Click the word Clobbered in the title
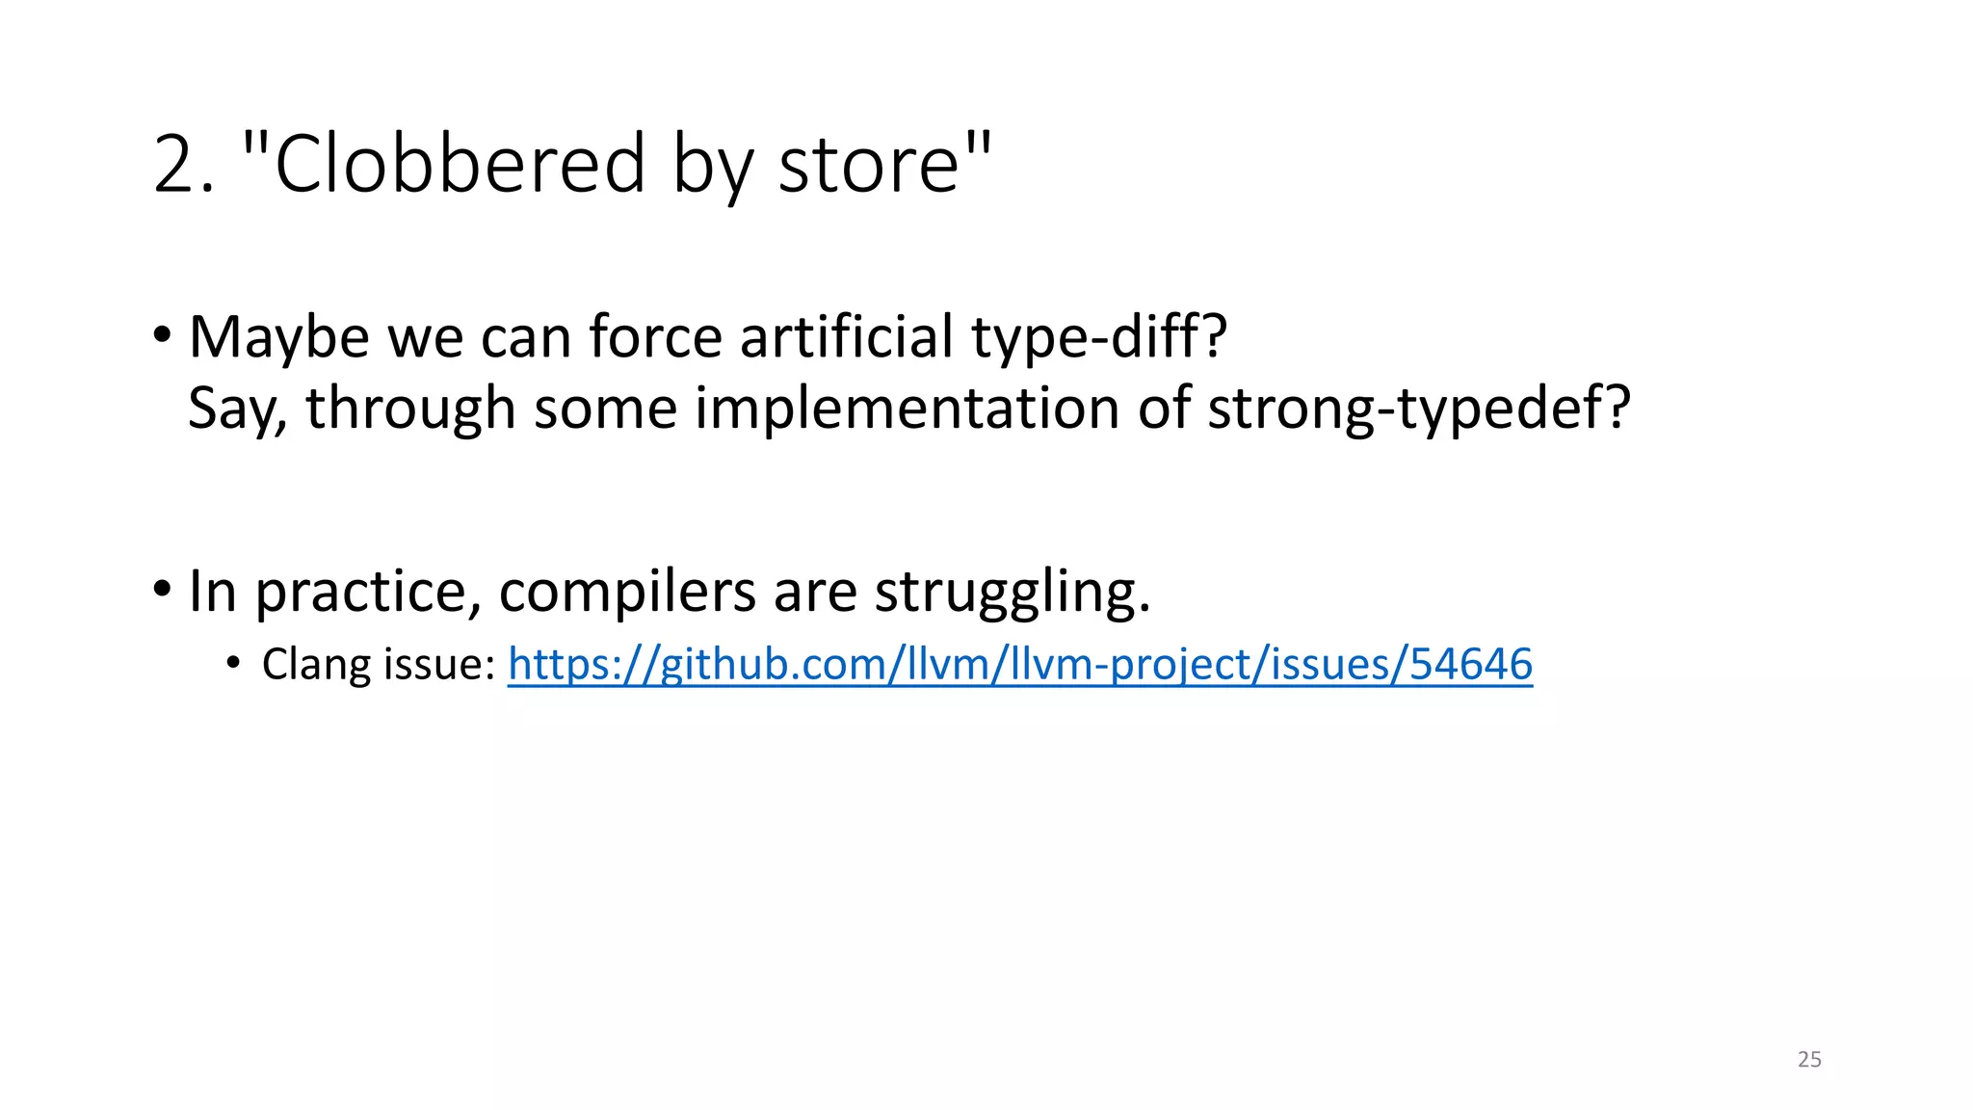[460, 164]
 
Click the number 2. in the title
[183, 164]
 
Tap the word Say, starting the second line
[237, 409]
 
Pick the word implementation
[907, 409]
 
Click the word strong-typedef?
[1418, 409]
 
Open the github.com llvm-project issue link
[1019, 665]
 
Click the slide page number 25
[1809, 1060]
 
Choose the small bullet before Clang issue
[232, 663]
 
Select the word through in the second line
[410, 409]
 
